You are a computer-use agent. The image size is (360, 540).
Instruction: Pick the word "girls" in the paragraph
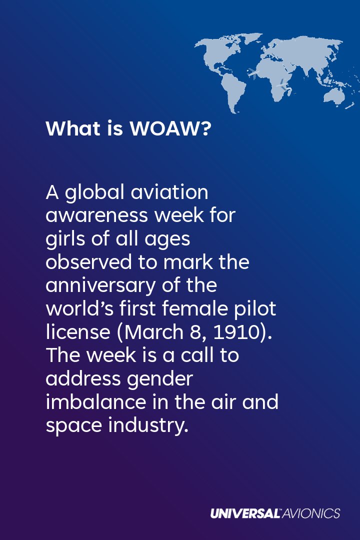(x=63, y=239)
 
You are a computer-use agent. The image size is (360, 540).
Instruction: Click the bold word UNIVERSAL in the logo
(x=245, y=513)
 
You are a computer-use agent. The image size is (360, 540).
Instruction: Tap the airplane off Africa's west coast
(x=253, y=73)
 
